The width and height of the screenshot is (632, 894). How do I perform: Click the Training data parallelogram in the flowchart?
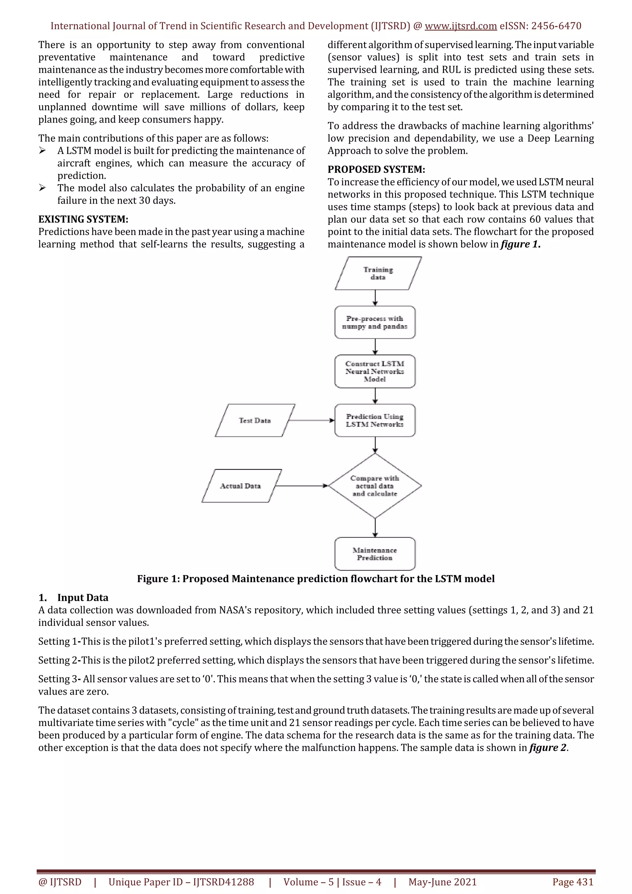(x=378, y=273)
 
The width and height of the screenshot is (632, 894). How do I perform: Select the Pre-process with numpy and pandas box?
(x=375, y=322)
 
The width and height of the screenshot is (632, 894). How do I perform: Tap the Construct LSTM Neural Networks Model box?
(x=375, y=371)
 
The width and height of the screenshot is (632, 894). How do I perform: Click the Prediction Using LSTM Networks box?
(x=375, y=420)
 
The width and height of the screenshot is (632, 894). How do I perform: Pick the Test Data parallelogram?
(x=255, y=420)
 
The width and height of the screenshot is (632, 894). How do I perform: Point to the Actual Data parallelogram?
(x=241, y=486)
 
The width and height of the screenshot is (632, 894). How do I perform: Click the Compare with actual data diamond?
(x=375, y=486)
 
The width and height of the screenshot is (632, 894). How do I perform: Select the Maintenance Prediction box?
(x=375, y=554)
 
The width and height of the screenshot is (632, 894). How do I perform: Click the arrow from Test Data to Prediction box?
(x=311, y=420)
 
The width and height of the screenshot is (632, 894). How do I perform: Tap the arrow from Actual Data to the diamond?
(x=302, y=486)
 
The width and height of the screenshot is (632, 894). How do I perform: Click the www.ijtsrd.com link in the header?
(x=460, y=26)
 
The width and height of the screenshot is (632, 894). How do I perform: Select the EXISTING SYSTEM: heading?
(x=83, y=219)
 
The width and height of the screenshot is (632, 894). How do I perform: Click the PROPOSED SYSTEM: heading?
(x=376, y=169)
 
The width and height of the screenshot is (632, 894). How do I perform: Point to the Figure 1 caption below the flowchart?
(x=315, y=579)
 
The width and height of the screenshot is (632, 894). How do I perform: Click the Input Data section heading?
(x=83, y=598)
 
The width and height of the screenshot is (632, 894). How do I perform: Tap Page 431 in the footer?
(x=572, y=882)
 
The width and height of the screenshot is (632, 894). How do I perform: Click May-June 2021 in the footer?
(x=442, y=882)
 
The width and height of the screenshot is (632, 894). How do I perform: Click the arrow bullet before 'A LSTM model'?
(x=43, y=151)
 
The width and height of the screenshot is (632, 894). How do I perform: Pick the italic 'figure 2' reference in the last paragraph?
(x=547, y=747)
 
